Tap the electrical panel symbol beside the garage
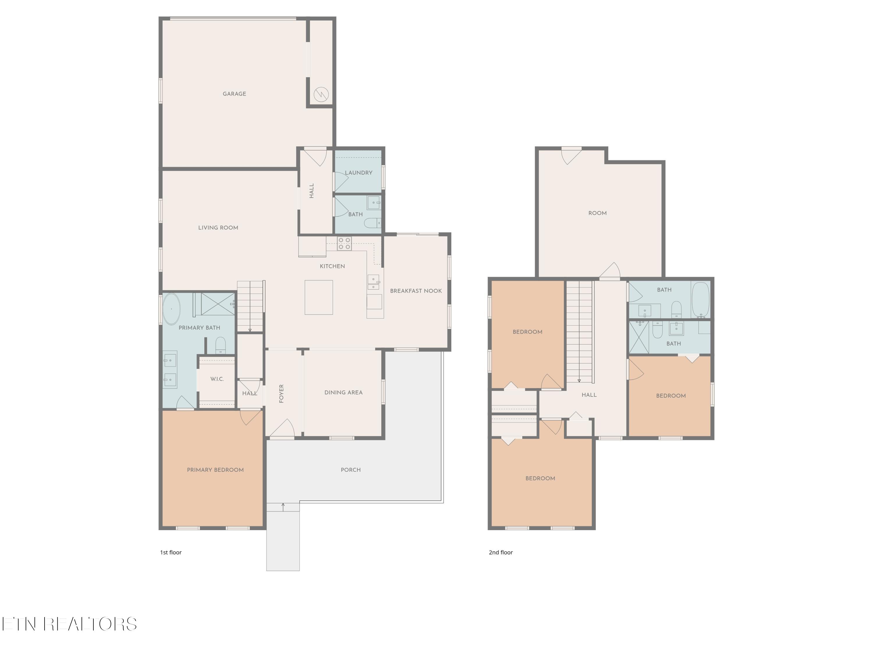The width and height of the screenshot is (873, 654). (x=321, y=94)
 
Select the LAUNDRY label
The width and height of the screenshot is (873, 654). (x=358, y=173)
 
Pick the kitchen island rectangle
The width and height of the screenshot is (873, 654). (x=318, y=297)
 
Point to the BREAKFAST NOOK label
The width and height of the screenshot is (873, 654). (x=416, y=291)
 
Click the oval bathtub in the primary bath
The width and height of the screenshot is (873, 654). (x=171, y=309)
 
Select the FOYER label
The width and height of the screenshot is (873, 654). (x=281, y=394)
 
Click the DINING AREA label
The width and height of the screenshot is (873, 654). (x=343, y=393)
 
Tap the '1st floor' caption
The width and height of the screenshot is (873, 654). (x=171, y=552)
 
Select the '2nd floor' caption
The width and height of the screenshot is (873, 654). (x=501, y=552)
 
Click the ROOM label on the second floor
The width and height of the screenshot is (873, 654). (x=597, y=213)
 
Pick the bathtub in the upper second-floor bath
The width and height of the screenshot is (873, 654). (x=700, y=300)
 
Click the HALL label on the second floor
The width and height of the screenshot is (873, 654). (x=589, y=395)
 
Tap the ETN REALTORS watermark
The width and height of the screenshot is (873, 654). (x=70, y=624)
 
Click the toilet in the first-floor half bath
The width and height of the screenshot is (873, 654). (x=372, y=223)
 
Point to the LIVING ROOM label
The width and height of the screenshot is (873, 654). (x=218, y=228)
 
